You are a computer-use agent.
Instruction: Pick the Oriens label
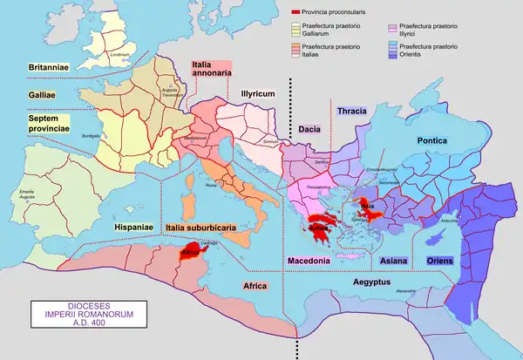[438, 261]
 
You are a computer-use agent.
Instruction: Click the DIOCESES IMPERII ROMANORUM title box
[66, 312]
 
